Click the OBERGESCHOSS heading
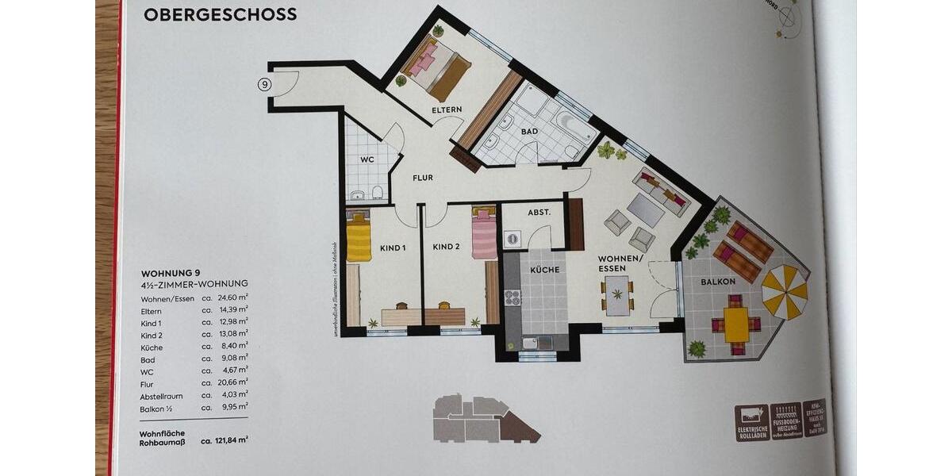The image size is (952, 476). [x=221, y=14]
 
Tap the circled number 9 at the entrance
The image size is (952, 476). [x=265, y=83]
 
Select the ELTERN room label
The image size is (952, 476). [x=447, y=110]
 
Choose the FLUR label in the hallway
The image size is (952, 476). [x=422, y=178]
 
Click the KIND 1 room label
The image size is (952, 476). [x=393, y=248]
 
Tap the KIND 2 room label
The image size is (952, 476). [x=446, y=247]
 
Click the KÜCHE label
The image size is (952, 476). [x=546, y=270]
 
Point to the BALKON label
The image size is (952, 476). [x=718, y=281]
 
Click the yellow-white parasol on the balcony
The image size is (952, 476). [x=785, y=292]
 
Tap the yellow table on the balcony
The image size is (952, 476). [x=736, y=324]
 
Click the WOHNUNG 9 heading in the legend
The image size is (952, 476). [x=171, y=272]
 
